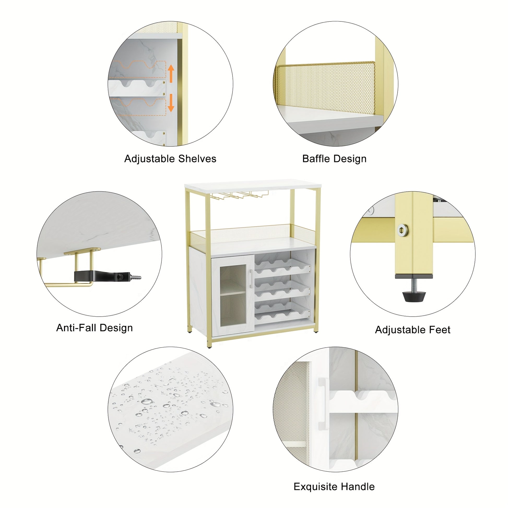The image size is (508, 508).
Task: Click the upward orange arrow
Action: click(171, 74)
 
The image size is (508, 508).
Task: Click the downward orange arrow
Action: click(171, 103)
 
